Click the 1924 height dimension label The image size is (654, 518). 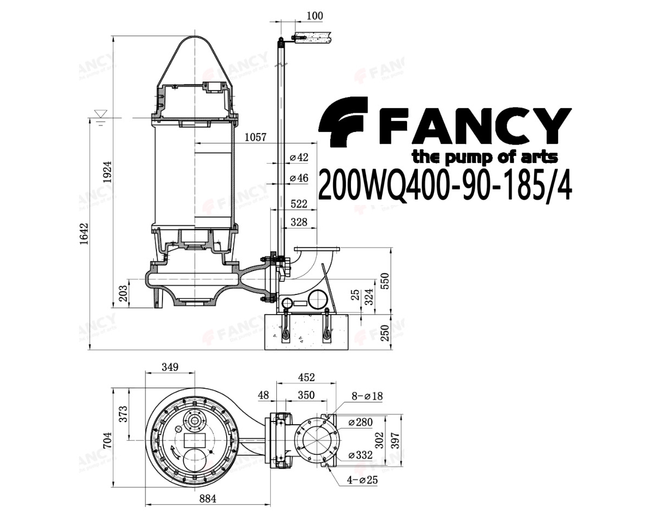[x=107, y=172]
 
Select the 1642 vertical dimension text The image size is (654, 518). [x=83, y=234]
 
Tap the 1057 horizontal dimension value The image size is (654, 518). [x=255, y=137]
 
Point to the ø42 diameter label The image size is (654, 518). [x=299, y=157]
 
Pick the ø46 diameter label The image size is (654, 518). [x=299, y=178]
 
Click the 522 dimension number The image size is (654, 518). [x=299, y=204]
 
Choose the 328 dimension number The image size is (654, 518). [x=299, y=222]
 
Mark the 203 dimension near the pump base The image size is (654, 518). [x=123, y=293]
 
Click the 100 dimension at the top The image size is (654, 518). [x=314, y=15]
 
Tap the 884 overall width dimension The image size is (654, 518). [x=208, y=499]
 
